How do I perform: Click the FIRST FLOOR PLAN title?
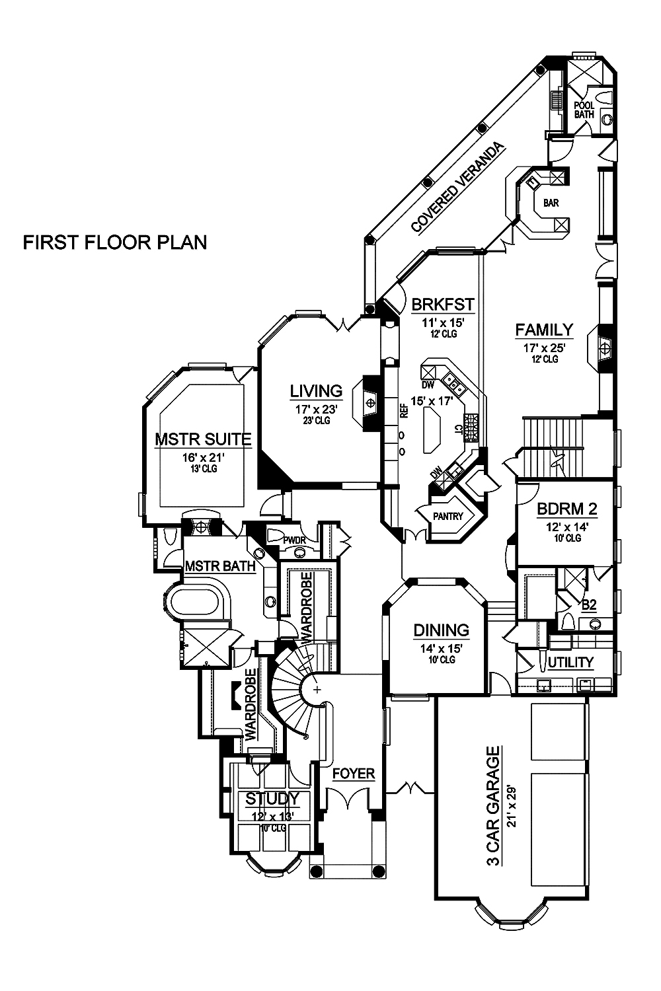115,242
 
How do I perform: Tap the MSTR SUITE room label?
193,439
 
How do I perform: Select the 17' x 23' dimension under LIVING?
317,410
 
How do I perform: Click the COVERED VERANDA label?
457,188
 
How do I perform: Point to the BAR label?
551,203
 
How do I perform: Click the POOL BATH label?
584,110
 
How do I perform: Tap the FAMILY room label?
544,329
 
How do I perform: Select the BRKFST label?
442,305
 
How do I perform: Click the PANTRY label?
449,517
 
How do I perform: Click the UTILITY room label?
570,662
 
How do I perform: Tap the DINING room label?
441,630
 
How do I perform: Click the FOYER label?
353,773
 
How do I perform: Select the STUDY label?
272,799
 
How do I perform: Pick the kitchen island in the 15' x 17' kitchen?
432,429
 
